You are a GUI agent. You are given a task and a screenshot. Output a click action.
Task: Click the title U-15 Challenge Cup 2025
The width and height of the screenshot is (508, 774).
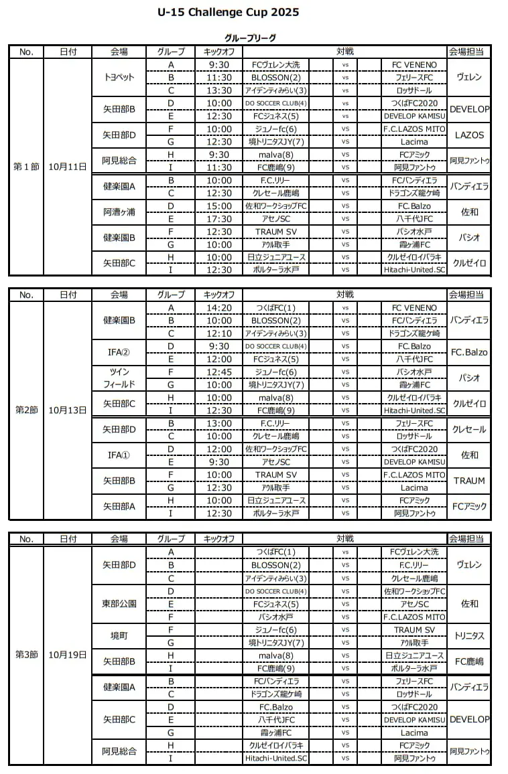[228, 12]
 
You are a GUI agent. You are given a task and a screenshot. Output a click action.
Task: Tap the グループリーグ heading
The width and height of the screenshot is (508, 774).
[250, 38]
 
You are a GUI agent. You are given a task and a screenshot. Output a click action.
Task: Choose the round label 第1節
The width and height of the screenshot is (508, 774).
[26, 167]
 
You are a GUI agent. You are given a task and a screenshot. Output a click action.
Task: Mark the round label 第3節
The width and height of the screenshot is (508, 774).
[26, 655]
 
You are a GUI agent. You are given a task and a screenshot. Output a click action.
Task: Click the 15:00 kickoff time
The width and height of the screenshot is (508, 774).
[219, 206]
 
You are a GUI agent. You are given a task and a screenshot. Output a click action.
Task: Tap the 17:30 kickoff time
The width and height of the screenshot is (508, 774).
[219, 218]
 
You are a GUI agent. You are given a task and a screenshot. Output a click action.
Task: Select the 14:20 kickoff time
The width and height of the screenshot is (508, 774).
[219, 308]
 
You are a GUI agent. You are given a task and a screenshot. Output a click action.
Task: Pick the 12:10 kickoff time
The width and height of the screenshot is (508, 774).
[219, 333]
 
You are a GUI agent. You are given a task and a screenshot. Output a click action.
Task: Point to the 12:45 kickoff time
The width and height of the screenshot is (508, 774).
[219, 372]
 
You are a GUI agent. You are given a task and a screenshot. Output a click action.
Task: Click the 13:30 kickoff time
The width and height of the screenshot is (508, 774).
[219, 90]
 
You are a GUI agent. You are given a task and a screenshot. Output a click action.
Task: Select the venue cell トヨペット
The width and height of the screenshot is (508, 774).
[119, 77]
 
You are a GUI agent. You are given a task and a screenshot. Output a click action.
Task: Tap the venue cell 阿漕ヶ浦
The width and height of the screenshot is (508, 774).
[119, 212]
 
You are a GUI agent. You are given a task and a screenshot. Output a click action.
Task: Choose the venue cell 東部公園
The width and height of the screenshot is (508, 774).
[119, 603]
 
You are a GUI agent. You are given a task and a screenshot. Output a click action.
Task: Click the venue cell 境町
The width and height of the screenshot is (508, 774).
[119, 635]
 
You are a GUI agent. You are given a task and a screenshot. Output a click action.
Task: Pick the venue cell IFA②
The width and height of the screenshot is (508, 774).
[119, 352]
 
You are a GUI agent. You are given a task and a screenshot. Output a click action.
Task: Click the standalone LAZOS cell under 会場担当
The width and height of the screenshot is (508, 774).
[468, 135]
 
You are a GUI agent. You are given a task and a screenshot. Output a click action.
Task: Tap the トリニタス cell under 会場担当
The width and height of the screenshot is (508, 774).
[468, 635]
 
